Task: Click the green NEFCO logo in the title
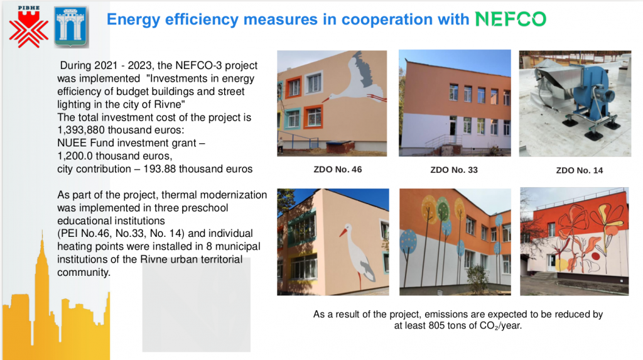(511, 19)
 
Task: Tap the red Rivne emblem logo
(28, 27)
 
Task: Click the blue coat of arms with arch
(71, 27)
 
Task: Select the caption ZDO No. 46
(337, 170)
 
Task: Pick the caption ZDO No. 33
(454, 170)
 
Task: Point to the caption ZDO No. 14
(580, 170)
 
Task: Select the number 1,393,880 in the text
(81, 130)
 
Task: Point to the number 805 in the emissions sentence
(436, 325)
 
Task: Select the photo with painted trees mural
(455, 242)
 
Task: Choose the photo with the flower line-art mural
(574, 242)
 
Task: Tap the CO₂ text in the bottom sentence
(489, 326)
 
